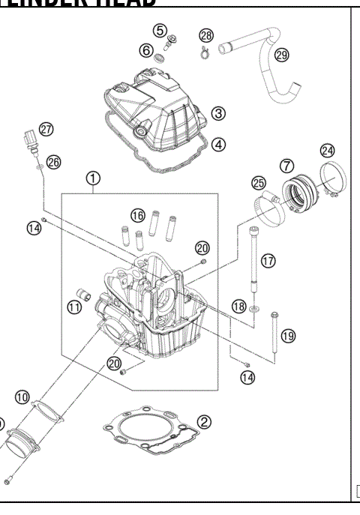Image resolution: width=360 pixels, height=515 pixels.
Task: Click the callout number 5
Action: coord(160,30)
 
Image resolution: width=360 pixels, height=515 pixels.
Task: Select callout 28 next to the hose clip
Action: coord(206,35)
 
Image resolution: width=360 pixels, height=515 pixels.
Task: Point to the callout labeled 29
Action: coord(281,55)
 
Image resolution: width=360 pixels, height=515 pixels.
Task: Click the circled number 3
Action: coord(218,113)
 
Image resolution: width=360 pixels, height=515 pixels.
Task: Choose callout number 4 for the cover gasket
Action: coord(218,144)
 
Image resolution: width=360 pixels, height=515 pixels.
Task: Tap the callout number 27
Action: coord(46,130)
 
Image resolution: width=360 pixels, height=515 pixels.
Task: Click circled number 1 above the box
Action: coord(92,178)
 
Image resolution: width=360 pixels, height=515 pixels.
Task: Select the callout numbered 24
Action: coord(327,150)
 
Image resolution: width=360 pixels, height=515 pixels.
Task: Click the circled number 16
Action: coord(136,215)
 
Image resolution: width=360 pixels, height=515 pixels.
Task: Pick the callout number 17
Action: coord(268,260)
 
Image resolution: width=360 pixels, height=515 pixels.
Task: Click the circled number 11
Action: coord(74,306)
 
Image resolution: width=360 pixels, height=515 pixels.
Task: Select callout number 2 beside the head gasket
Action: coord(203,423)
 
